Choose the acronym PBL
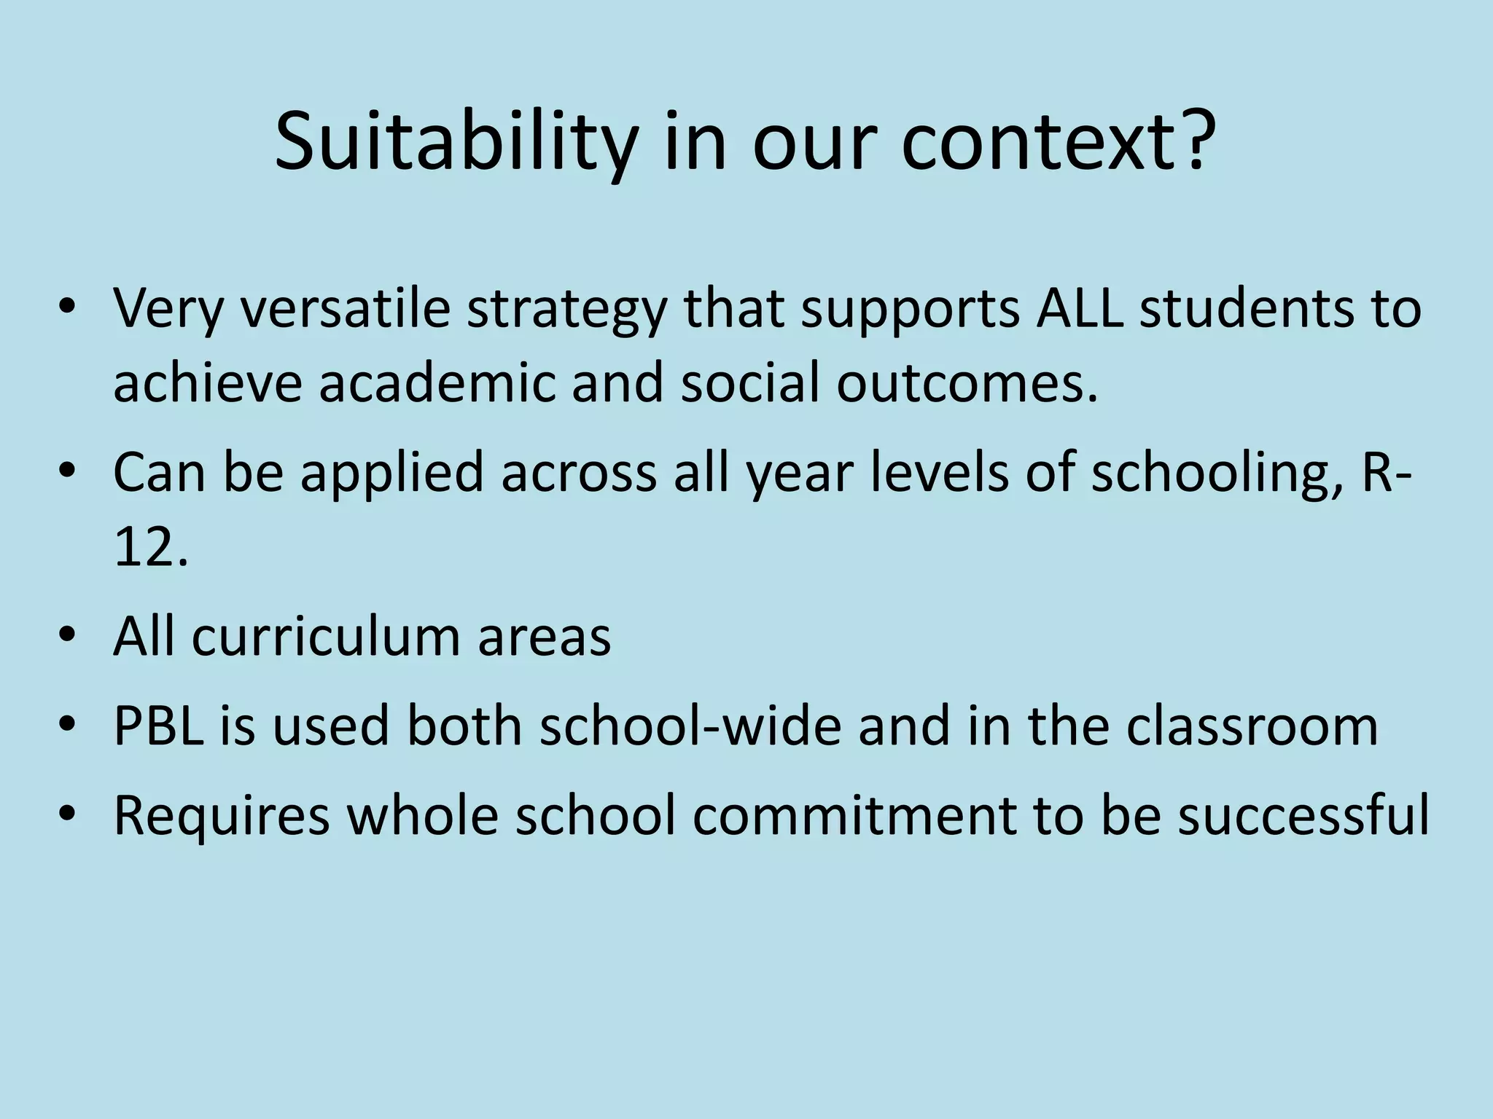coord(158,726)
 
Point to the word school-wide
coord(690,726)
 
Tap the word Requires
coord(222,816)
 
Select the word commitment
coord(854,816)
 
